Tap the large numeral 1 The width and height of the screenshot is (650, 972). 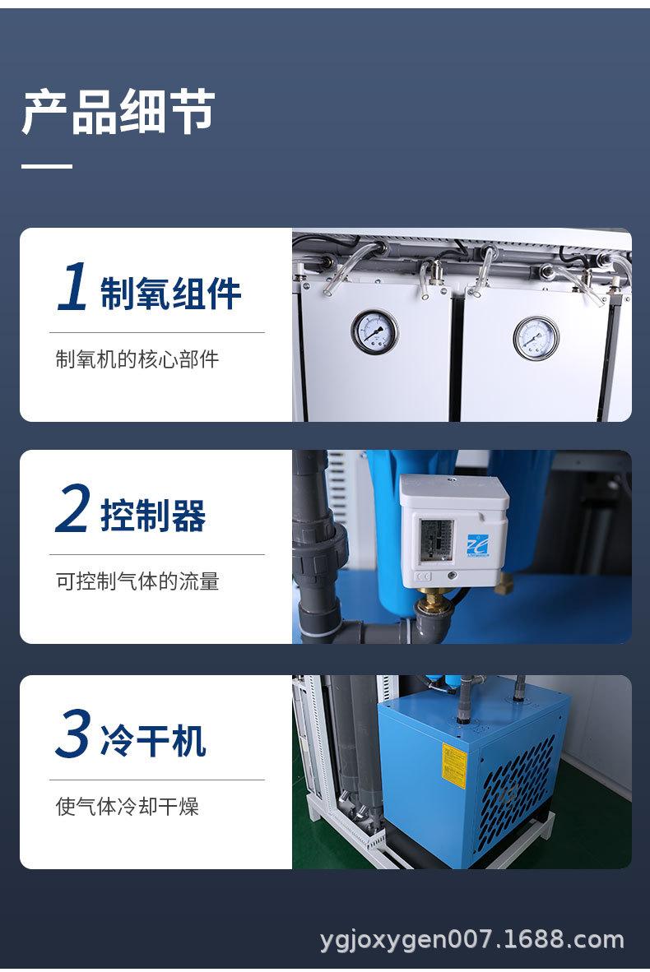coord(73,289)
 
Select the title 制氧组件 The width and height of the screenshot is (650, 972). coord(171,294)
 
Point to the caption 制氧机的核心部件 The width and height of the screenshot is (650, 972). coord(137,359)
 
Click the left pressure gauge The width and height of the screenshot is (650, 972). coord(374,333)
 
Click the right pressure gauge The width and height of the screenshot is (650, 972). coord(536,337)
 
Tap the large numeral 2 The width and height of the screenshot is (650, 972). coord(73,510)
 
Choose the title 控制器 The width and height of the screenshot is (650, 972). coord(153,516)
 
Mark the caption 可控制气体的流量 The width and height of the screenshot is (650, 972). coord(137,581)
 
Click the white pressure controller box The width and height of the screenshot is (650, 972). coord(454,530)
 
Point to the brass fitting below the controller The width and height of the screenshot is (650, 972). coord(430,606)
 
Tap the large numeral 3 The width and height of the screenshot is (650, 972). coord(73,734)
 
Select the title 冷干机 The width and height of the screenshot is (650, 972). coord(153,739)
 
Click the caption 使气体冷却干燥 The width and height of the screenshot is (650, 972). coord(128,805)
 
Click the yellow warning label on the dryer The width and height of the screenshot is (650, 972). coord(453,766)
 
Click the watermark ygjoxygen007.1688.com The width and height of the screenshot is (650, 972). coord(472,939)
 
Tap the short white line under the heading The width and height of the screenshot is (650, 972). coord(47,166)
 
